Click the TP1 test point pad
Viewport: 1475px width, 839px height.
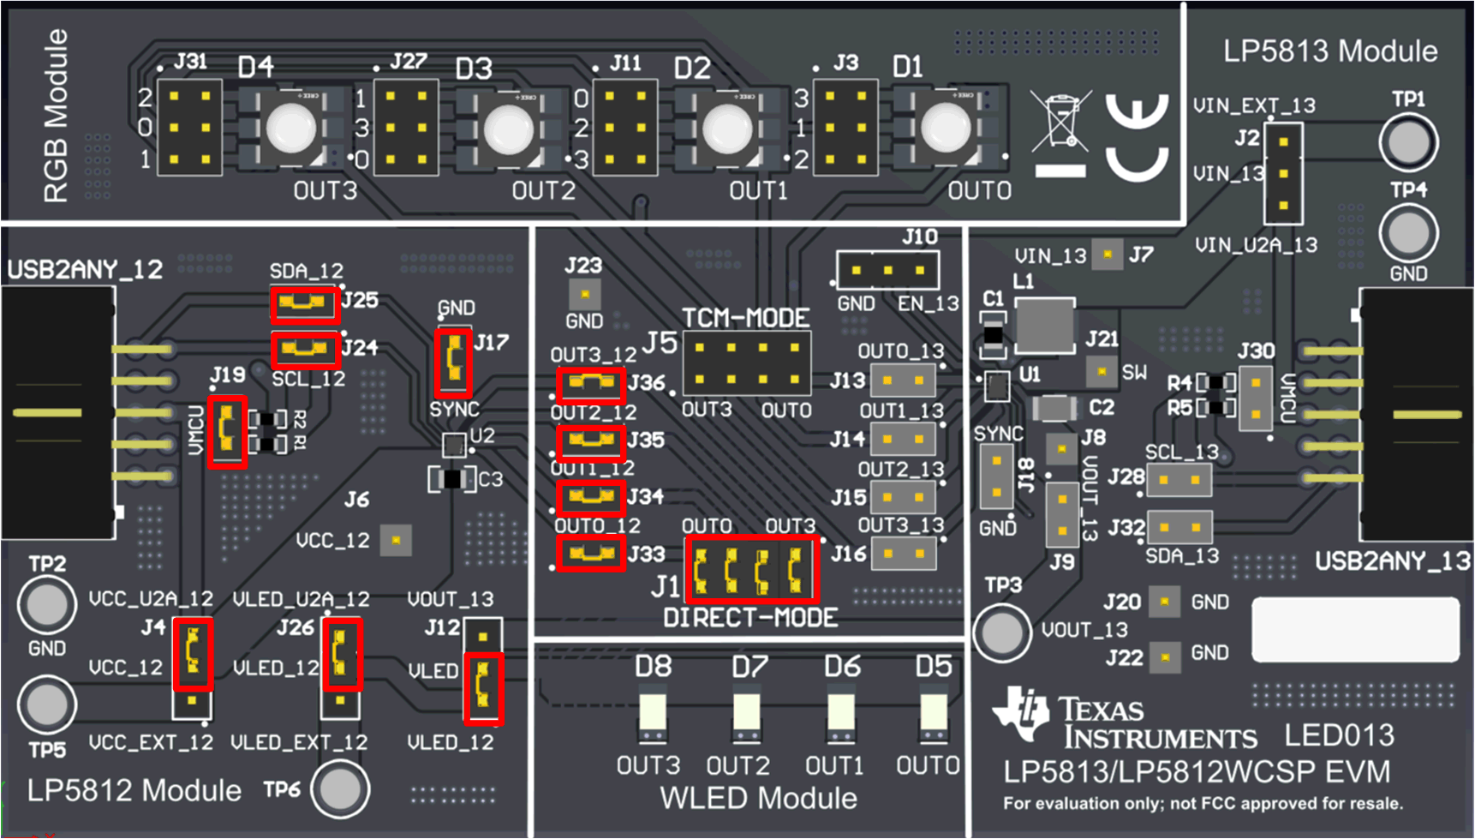point(1408,142)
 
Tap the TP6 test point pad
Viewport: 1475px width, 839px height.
point(340,789)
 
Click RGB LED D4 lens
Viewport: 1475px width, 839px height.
point(291,129)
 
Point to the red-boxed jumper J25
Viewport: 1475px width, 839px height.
point(304,303)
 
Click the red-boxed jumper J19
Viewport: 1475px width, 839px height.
point(227,431)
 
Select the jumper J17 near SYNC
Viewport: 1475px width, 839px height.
point(453,361)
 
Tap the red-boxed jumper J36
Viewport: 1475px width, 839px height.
point(589,384)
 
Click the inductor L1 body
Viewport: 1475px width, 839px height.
point(1044,326)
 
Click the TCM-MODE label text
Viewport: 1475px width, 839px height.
point(745,318)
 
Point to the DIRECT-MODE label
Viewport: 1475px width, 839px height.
point(750,618)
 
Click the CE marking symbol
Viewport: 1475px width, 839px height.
point(1137,137)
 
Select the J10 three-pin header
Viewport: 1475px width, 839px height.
point(887,270)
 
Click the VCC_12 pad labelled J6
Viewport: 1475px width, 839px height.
point(396,541)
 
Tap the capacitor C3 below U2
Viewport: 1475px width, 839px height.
point(452,479)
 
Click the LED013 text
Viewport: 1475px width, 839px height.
point(1339,735)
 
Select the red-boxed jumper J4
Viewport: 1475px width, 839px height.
point(193,654)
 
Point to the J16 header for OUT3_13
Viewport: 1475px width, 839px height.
point(903,554)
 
